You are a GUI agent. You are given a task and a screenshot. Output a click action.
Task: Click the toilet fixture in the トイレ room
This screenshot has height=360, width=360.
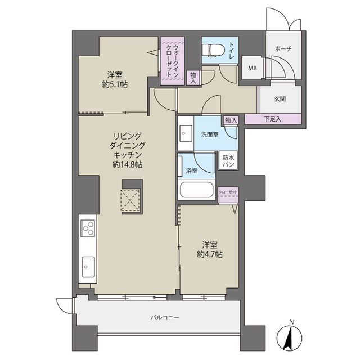pyautogui.click(x=211, y=49)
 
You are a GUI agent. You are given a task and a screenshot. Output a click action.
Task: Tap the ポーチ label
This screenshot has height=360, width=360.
pyautogui.click(x=283, y=49)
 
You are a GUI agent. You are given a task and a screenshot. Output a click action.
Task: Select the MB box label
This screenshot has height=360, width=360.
pyautogui.click(x=253, y=68)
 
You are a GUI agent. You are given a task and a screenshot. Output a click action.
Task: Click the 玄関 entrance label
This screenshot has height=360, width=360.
pyautogui.click(x=280, y=99)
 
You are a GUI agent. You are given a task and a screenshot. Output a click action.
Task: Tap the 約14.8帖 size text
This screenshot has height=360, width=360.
pyautogui.click(x=126, y=165)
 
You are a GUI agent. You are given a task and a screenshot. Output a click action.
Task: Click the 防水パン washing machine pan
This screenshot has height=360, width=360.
pyautogui.click(x=228, y=161)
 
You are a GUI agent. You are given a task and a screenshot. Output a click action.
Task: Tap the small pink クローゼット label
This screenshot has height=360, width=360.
pyautogui.click(x=228, y=193)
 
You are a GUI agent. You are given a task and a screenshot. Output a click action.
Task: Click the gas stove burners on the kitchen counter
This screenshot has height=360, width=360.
pyautogui.click(x=88, y=228)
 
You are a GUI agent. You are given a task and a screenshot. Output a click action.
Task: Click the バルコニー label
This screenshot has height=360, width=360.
pyautogui.click(x=164, y=318)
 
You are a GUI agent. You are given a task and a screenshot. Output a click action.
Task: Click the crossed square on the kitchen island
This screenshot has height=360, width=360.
pyautogui.click(x=131, y=199)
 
